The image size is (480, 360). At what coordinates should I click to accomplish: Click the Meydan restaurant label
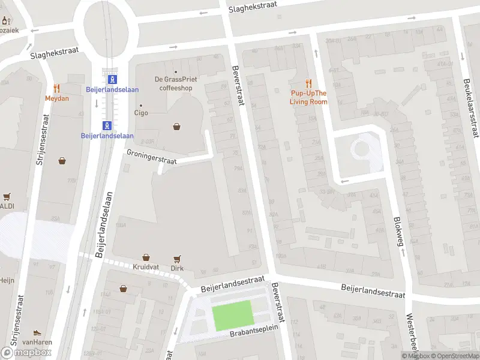click(x=57, y=98)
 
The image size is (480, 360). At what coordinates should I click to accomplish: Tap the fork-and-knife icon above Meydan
click(x=57, y=88)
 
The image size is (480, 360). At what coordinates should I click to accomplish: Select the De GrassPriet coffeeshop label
click(x=176, y=83)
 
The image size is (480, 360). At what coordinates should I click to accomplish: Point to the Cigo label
click(x=141, y=112)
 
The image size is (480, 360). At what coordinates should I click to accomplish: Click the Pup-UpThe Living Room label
click(x=308, y=97)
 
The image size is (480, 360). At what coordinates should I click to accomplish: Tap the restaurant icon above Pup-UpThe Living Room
click(x=308, y=83)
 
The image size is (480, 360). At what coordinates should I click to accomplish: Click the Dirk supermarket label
click(x=176, y=268)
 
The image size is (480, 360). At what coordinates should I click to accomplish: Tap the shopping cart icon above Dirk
click(x=176, y=259)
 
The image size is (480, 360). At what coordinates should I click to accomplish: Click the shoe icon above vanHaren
click(x=37, y=332)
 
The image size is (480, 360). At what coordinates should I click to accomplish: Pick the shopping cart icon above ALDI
click(x=7, y=196)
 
